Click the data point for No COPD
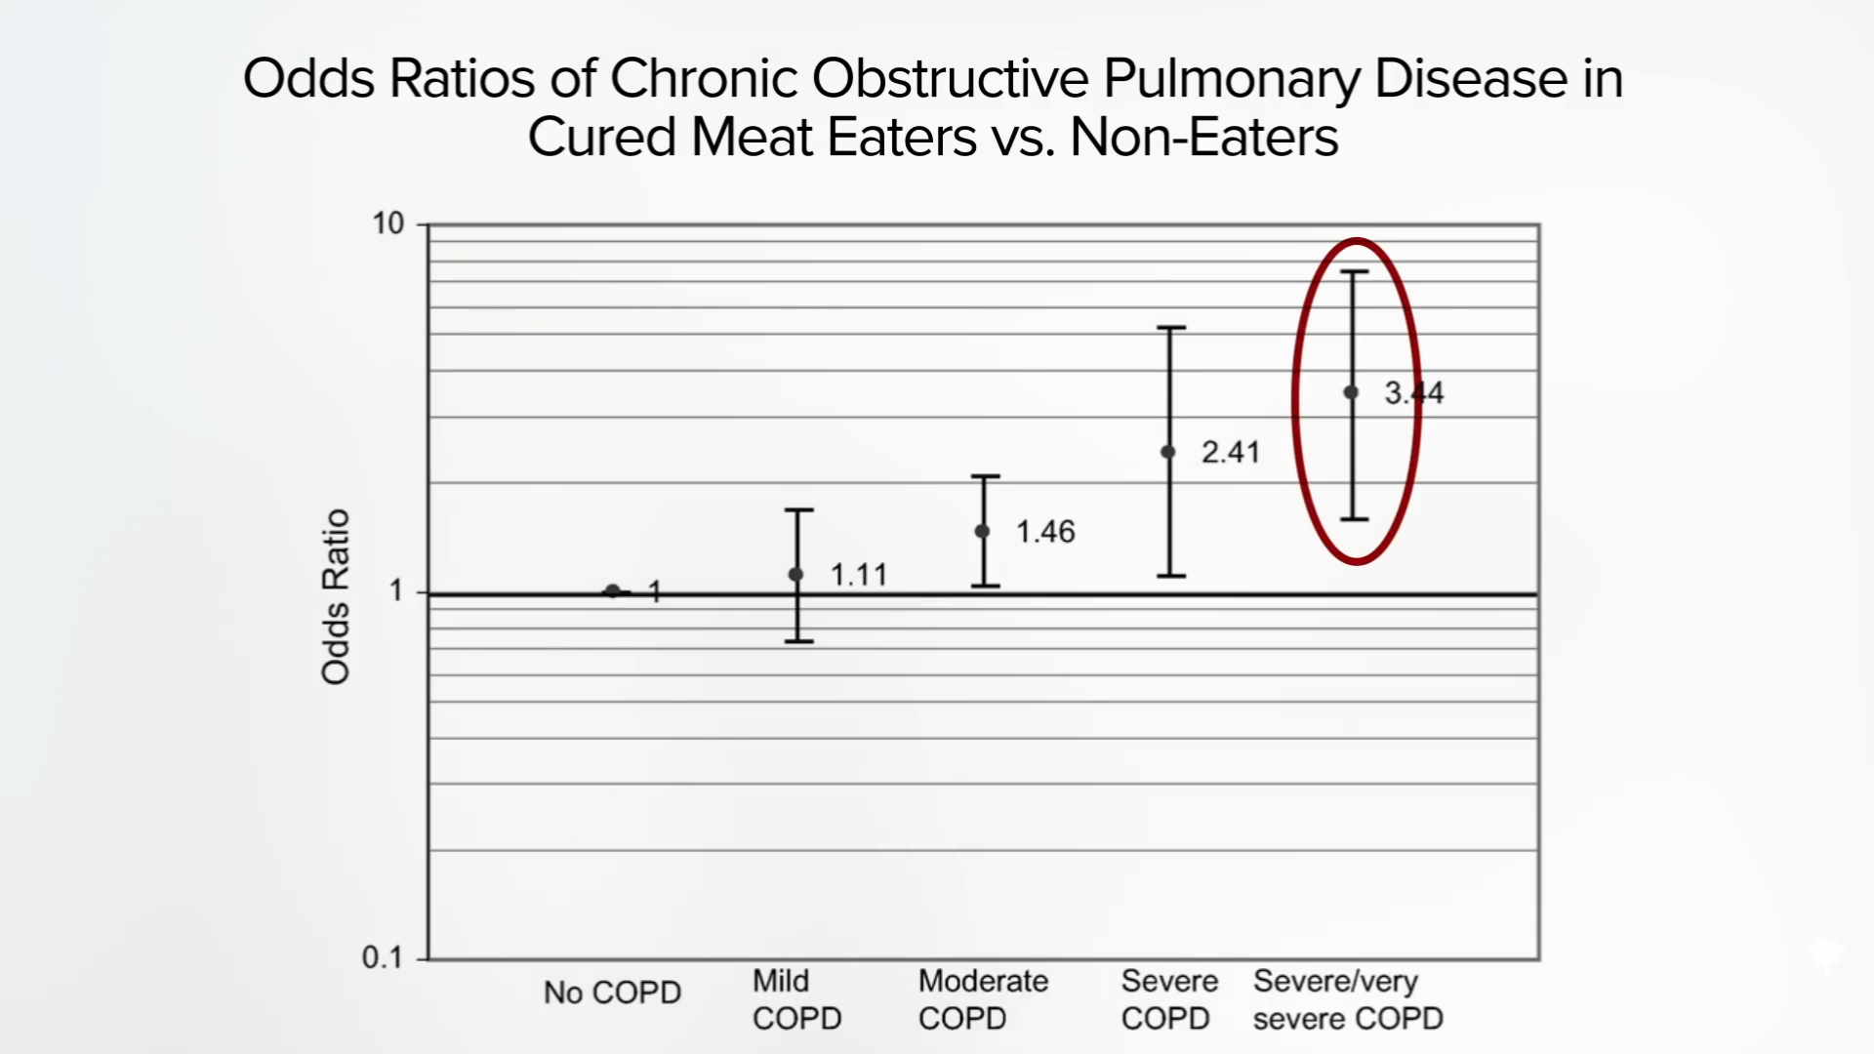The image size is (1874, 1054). pos(612,590)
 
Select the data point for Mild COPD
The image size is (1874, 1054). pos(795,574)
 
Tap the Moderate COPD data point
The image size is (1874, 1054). pos(982,531)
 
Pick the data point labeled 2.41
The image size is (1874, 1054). pos(1168,452)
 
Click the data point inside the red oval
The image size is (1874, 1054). pos(1352,392)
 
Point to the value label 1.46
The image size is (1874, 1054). pos(1045,532)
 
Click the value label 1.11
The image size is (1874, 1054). pos(859,575)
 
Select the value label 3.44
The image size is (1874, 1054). pos(1414,393)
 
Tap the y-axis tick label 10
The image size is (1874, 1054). pos(387,223)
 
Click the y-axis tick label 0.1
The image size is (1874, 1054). pos(382,957)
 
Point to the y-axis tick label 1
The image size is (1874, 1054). pos(395,590)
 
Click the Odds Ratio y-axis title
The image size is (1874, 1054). pos(335,596)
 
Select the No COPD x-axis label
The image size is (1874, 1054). pos(612,993)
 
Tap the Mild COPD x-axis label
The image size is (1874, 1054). pos(796,999)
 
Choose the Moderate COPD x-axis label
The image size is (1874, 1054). pos(983,999)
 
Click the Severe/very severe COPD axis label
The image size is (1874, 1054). pos(1348,999)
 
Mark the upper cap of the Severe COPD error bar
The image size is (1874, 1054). pos(1171,328)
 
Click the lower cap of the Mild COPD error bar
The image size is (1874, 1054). pos(798,641)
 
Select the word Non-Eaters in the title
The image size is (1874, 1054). pos(1203,137)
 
